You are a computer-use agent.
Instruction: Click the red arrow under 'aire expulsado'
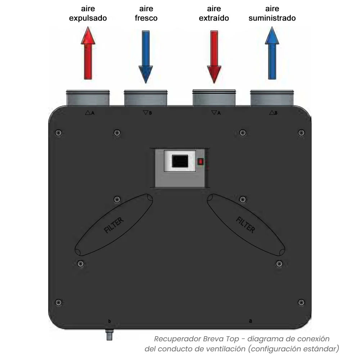click(x=88, y=53)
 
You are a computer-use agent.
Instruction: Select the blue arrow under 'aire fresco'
click(x=146, y=57)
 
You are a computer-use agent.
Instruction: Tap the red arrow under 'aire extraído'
click(x=214, y=57)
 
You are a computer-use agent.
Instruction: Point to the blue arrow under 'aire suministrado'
click(x=272, y=53)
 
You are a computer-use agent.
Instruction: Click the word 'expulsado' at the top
click(x=88, y=18)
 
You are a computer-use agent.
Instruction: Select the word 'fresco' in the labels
click(x=146, y=18)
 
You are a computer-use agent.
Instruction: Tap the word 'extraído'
click(x=214, y=18)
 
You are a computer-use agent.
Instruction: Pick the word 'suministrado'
click(x=272, y=18)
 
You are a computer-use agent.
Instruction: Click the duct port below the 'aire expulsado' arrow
click(x=88, y=98)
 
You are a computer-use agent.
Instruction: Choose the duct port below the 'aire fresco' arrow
click(x=145, y=98)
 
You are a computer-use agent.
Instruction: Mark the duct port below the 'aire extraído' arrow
click(x=214, y=98)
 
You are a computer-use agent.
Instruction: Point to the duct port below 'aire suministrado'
click(x=272, y=98)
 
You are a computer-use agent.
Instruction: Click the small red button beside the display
click(x=201, y=161)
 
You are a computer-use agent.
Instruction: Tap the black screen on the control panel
click(x=180, y=161)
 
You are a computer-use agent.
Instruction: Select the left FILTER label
click(x=114, y=225)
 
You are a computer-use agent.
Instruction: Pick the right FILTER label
click(x=246, y=225)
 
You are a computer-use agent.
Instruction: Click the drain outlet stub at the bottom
click(x=109, y=334)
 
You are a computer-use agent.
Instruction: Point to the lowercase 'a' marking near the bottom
click(x=251, y=321)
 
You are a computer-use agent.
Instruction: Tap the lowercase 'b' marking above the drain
click(x=109, y=321)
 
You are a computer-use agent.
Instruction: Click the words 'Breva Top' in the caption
click(x=221, y=339)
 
